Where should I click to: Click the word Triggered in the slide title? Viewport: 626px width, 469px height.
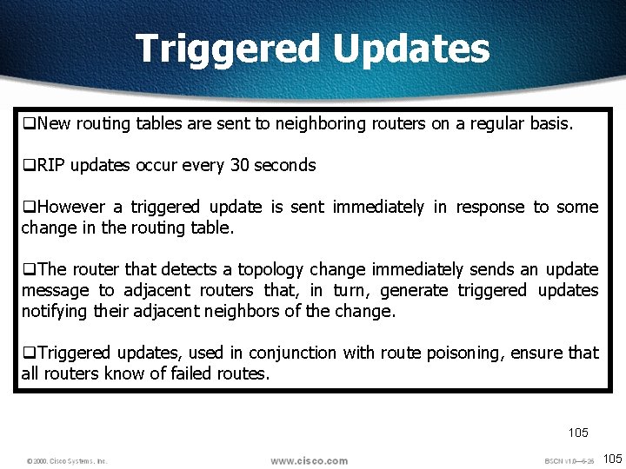click(229, 49)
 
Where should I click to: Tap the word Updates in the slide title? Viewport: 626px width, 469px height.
click(411, 49)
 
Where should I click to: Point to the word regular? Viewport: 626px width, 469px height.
click(496, 123)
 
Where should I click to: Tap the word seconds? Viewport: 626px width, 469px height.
click(285, 165)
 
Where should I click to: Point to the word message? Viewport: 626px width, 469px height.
click(55, 290)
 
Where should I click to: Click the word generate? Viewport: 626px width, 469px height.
click(415, 290)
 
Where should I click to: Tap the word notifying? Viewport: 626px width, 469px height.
click(53, 311)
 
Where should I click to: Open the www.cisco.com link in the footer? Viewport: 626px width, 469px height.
click(309, 460)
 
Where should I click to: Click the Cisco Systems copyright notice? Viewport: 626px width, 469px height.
click(67, 461)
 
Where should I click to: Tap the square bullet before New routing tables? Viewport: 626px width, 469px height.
click(28, 123)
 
